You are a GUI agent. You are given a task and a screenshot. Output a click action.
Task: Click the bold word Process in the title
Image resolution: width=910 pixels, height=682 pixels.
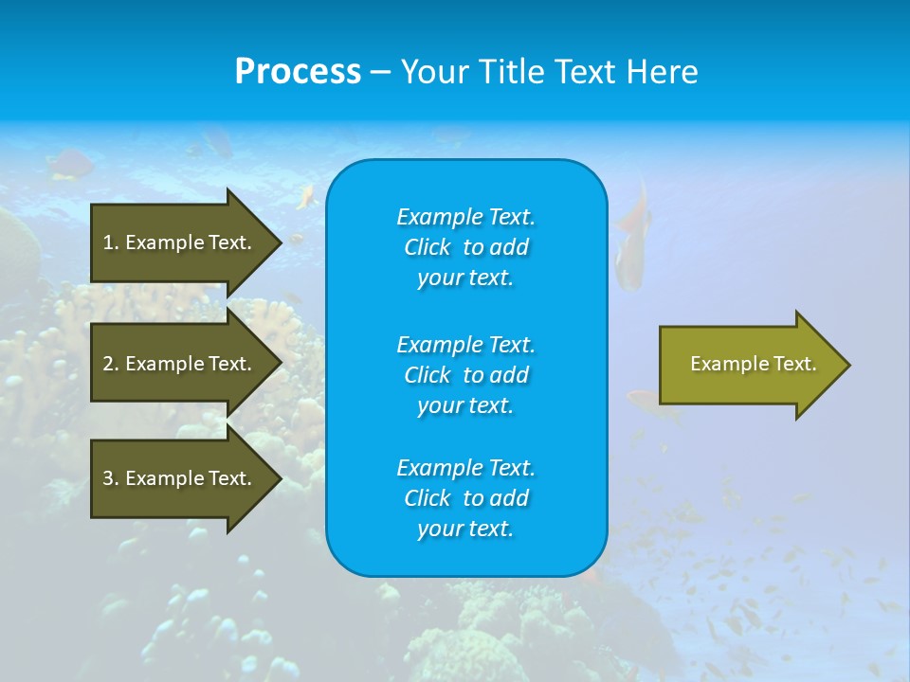298,72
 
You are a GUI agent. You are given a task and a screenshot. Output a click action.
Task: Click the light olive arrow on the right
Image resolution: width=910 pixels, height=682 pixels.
749,365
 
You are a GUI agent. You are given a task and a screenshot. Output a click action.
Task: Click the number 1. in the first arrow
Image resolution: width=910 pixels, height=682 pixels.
111,242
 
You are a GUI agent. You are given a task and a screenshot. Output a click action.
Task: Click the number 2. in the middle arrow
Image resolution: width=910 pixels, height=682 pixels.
111,364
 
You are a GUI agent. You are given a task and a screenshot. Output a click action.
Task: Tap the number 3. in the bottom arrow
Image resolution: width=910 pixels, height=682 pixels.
111,478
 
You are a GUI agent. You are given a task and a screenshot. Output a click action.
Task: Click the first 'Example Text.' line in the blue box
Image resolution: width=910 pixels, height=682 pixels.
465,217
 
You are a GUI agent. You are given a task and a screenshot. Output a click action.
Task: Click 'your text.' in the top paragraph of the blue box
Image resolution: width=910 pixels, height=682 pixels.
465,278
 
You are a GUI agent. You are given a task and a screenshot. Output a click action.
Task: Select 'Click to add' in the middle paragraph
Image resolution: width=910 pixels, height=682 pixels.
465,375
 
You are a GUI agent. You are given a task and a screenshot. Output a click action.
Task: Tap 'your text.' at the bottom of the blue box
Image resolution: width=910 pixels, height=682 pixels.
465,529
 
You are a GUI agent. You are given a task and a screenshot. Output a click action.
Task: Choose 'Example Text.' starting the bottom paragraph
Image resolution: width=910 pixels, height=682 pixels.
465,468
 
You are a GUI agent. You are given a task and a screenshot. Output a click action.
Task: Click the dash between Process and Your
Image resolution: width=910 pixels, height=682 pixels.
381,72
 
